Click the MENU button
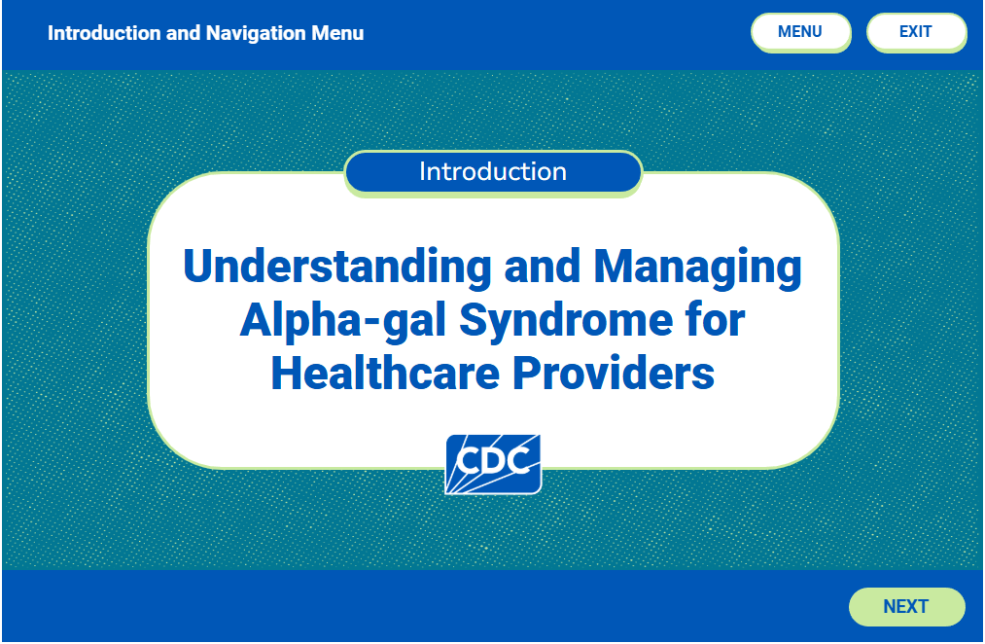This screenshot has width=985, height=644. [x=801, y=32]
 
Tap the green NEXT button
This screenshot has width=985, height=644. [x=906, y=606]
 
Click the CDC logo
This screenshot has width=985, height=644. [x=493, y=464]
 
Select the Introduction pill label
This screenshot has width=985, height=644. [x=493, y=172]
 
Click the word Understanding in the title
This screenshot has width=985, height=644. [x=336, y=266]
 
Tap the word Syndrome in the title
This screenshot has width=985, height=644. [x=566, y=321]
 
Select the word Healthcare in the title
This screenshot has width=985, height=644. [x=385, y=374]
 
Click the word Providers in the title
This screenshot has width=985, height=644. [x=614, y=374]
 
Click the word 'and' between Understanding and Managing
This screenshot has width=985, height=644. [x=543, y=266]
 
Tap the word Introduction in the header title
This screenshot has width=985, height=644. [x=104, y=33]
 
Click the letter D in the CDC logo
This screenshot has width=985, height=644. [x=494, y=460]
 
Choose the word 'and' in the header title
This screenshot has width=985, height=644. [x=184, y=33]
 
